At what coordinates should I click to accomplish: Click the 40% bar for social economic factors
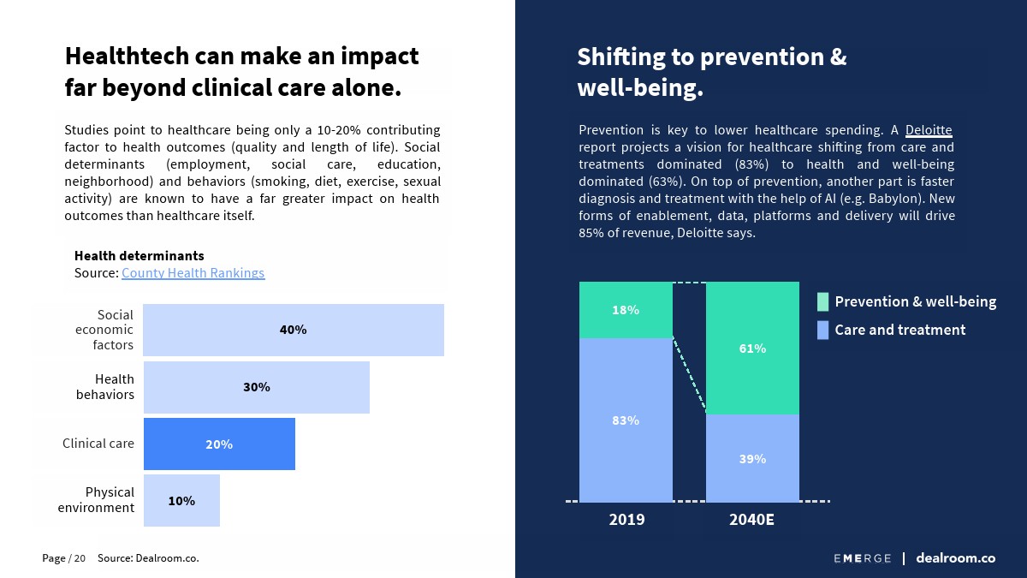tap(293, 330)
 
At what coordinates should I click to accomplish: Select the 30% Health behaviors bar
tap(256, 387)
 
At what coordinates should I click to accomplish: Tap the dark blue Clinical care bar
tap(219, 444)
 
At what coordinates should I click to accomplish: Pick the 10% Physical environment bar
tap(181, 500)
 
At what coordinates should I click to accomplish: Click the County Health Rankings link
tap(193, 273)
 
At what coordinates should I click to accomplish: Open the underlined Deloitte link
tap(929, 130)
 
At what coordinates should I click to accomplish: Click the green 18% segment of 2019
tap(626, 310)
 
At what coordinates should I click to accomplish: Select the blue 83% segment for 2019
tap(626, 420)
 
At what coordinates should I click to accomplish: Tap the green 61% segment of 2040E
tap(752, 349)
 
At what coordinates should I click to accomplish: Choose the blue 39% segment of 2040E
tap(752, 458)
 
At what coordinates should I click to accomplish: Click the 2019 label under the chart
tap(626, 520)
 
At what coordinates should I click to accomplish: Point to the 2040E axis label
tap(751, 520)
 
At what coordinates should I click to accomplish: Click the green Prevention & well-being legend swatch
tap(822, 301)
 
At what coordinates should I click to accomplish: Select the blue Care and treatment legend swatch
tap(822, 330)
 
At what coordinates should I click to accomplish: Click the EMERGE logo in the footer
tap(862, 558)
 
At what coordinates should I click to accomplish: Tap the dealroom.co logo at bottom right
tap(955, 558)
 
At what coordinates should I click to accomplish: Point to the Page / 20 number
tap(63, 558)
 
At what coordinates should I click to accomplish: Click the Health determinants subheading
tap(139, 256)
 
